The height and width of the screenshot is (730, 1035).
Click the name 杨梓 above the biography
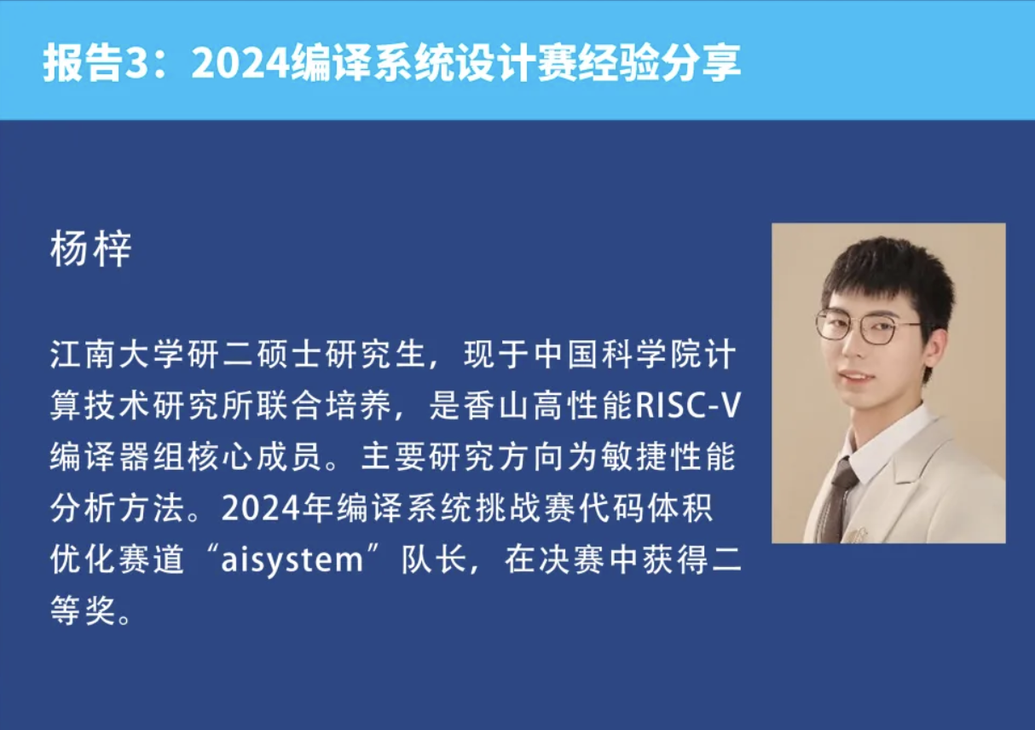coord(91,249)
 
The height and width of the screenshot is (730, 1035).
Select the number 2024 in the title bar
coord(240,63)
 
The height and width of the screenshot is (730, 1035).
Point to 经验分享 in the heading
coord(658,63)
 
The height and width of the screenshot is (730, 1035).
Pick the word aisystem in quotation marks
coord(292,560)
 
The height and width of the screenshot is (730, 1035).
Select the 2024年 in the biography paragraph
coord(277,508)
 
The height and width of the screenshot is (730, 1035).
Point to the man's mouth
coord(858,375)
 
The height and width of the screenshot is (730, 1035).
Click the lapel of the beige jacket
coord(920,467)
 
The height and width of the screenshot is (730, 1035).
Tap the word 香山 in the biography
coord(498,405)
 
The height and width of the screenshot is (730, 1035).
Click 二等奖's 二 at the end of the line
coord(727,560)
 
